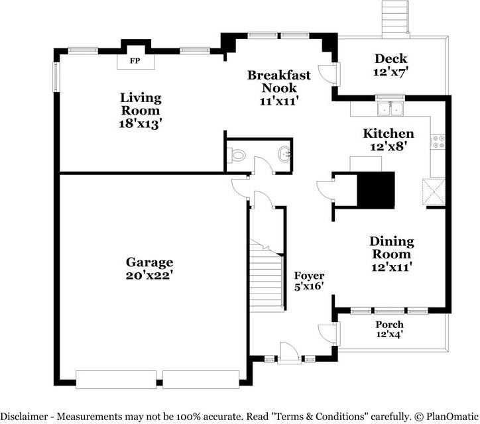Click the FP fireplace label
[135, 61]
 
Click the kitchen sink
[390, 109]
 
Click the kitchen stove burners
[438, 140]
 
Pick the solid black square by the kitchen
[376, 189]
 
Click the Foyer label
[309, 276]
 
